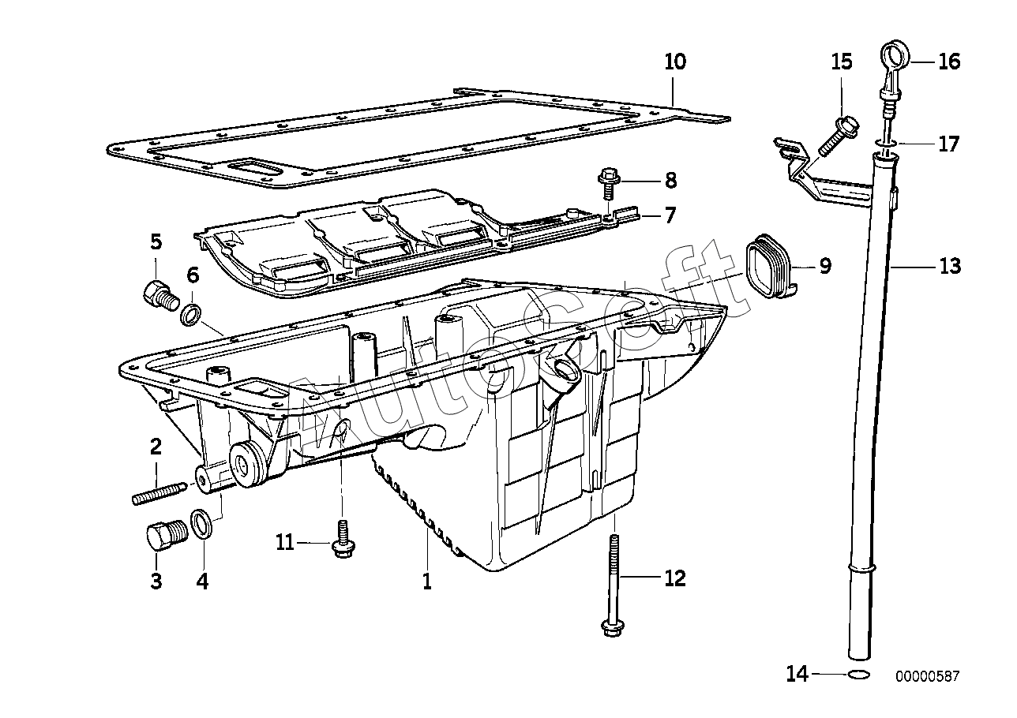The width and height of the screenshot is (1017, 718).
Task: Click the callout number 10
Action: click(675, 61)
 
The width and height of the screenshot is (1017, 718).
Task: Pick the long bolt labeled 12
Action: click(613, 588)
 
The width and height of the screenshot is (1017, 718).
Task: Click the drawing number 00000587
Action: click(927, 676)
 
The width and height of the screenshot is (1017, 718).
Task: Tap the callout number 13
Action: click(950, 267)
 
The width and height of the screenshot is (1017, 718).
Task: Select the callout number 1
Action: click(426, 582)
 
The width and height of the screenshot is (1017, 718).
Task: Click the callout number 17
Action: click(948, 144)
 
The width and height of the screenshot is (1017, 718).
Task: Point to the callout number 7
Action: click(670, 214)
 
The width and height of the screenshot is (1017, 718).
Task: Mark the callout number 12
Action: click(674, 578)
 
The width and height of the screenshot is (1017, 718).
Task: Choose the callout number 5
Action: click(156, 241)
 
